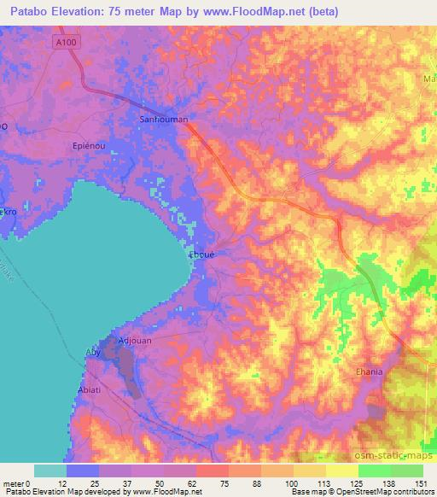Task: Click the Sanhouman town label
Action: point(163,120)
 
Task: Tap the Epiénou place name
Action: point(89,145)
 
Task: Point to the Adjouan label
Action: point(134,340)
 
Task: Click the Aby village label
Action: point(94,352)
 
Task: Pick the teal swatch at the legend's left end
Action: point(50,471)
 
